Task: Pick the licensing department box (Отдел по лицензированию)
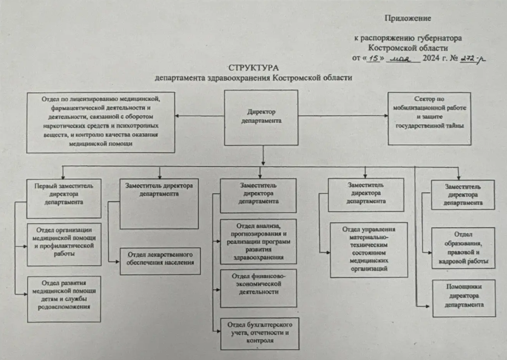[100, 122]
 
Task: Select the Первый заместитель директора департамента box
[64, 198]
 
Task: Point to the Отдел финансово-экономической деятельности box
[259, 288]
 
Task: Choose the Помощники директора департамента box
[464, 297]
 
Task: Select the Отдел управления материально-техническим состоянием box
[369, 250]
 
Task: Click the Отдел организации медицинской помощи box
[64, 244]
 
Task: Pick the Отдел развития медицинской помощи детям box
[64, 298]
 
